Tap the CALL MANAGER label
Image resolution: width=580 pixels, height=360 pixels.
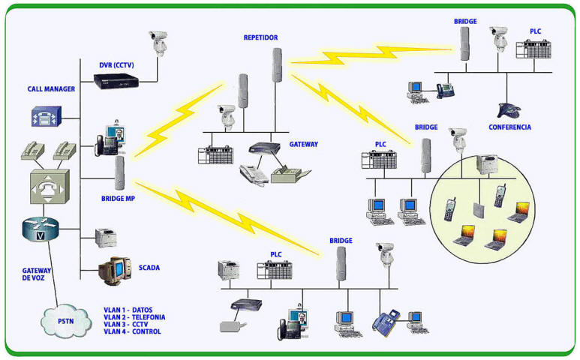[50, 89]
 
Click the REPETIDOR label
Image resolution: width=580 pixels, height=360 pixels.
[262, 37]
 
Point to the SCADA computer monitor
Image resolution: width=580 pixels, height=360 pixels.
[114, 268]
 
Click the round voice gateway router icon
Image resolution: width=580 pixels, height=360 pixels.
[40, 230]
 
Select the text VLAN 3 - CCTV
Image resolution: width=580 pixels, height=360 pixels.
[128, 324]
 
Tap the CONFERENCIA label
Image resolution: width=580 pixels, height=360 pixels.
[509, 127]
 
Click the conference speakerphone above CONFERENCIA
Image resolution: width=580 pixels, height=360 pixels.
[509, 109]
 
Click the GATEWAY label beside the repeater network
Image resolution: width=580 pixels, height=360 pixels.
[304, 144]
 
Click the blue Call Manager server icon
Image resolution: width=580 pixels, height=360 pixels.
[44, 116]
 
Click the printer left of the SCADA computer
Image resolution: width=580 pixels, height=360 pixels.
[105, 238]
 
